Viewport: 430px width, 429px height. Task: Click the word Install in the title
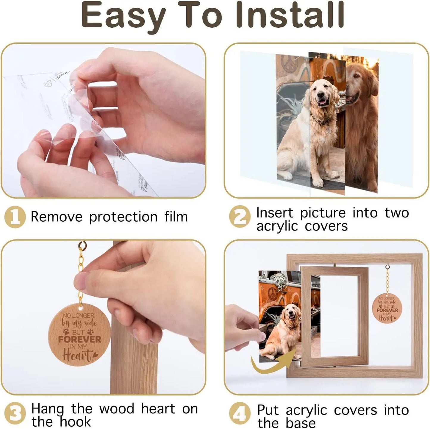tap(290, 15)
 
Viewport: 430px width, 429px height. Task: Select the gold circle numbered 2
tap(240, 217)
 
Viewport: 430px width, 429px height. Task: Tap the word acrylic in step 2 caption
tap(277, 226)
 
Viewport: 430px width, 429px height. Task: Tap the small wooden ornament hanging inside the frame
tap(387, 308)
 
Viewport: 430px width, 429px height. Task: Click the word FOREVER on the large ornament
tap(79, 339)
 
